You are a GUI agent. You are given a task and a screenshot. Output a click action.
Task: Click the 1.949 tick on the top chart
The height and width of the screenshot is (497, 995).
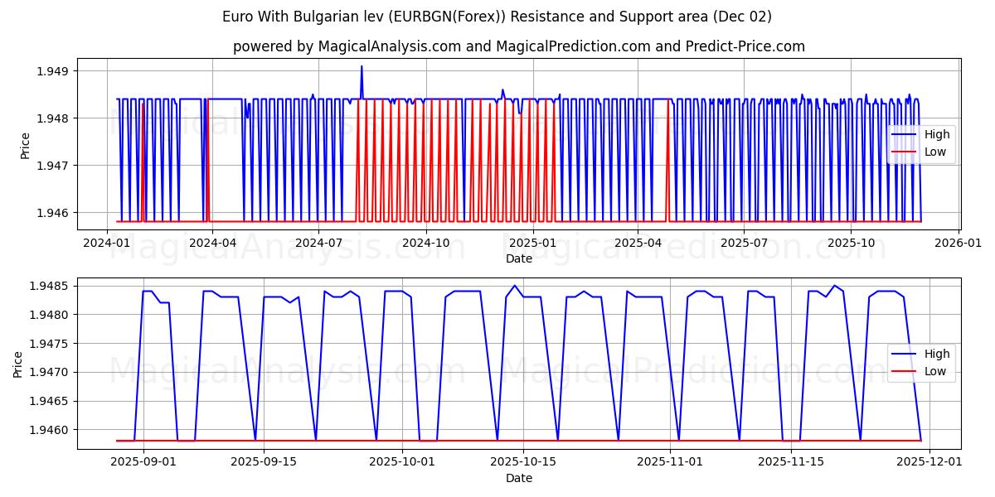tap(52, 71)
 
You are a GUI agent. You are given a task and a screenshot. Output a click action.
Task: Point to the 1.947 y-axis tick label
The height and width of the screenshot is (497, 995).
tap(52, 166)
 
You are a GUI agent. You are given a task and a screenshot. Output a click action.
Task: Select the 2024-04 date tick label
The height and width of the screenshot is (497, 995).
tap(212, 244)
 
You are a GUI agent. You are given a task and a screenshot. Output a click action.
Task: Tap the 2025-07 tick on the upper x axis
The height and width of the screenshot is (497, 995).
tap(744, 244)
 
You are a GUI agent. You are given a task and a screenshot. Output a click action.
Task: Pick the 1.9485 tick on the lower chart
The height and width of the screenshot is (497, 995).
tap(49, 287)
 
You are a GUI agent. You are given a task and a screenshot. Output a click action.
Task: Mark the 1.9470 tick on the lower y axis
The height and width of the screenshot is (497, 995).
tap(49, 373)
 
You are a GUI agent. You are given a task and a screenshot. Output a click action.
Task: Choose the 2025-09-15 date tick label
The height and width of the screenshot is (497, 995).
tap(264, 461)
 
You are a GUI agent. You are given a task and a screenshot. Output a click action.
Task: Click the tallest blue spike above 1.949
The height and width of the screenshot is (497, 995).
tap(362, 66)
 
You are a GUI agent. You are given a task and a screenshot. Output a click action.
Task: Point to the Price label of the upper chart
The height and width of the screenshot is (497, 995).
tap(26, 146)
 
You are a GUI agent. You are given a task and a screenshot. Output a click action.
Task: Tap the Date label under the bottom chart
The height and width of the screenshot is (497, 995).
tap(519, 478)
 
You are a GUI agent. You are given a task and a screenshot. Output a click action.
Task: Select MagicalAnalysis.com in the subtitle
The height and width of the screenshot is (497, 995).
tap(390, 46)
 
